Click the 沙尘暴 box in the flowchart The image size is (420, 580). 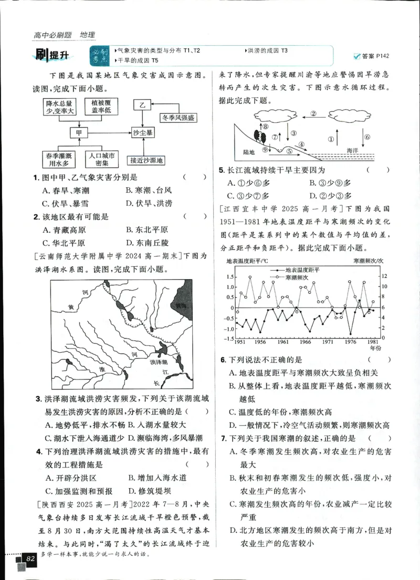pos(142,133)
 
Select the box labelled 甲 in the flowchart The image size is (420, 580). pos(79,133)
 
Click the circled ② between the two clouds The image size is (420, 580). pos(313,113)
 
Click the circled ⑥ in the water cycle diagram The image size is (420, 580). pos(367,138)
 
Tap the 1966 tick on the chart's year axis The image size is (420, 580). pos(306,342)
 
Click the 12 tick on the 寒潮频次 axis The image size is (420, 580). pos(385,276)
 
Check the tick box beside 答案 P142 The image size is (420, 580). pos(358,56)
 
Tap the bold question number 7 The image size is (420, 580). pos(223,438)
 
